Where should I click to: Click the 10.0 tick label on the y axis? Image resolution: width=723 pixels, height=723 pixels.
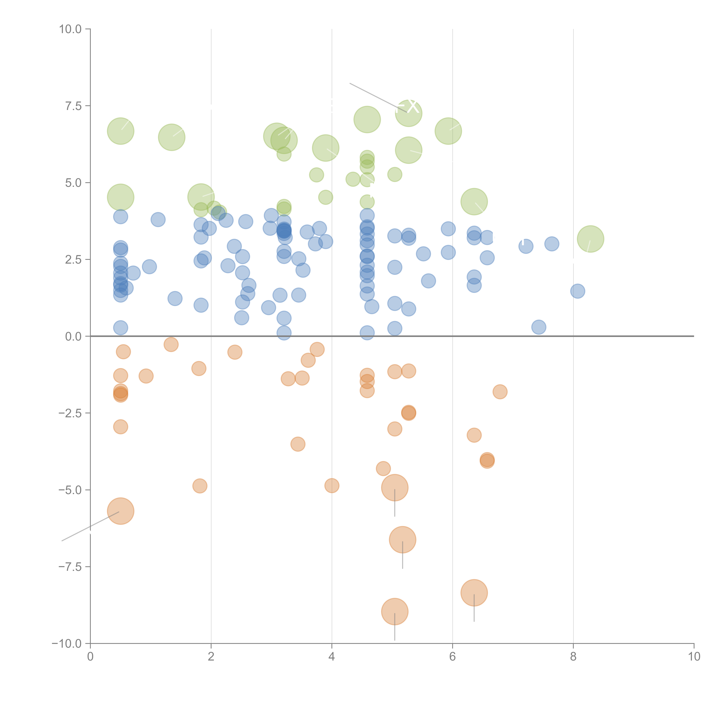70,29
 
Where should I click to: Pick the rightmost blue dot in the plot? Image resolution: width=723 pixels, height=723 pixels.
577,291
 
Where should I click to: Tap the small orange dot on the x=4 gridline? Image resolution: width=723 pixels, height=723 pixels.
332,486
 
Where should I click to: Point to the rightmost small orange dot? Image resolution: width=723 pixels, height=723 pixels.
500,392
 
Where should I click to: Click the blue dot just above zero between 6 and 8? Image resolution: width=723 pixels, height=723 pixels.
538,327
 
